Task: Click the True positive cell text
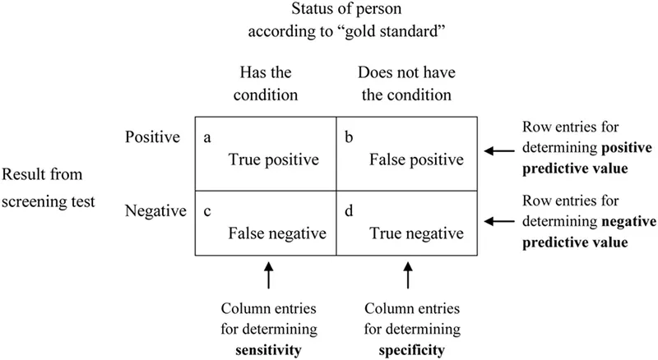coord(272,159)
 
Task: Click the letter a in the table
coord(206,138)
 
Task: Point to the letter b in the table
coord(348,138)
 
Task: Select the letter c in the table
coord(206,211)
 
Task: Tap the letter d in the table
coord(348,211)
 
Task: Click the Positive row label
coord(153,138)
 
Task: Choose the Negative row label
coord(155,211)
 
